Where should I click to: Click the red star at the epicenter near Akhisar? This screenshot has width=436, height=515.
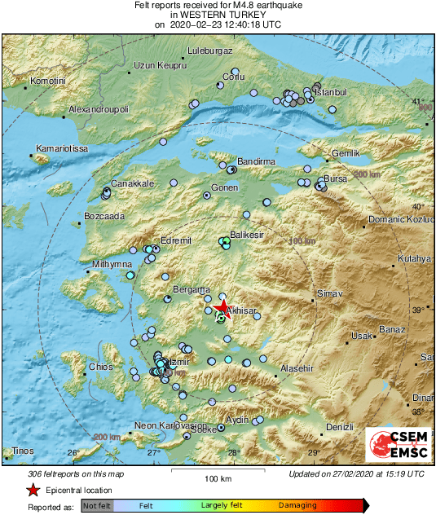pyautogui.click(x=224, y=306)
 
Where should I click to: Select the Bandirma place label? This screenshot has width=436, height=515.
pyautogui.click(x=256, y=162)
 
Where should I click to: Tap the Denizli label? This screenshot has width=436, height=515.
pyautogui.click(x=339, y=427)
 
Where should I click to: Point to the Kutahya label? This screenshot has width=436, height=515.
pyautogui.click(x=413, y=258)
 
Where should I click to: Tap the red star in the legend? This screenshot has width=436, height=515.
pyautogui.click(x=33, y=490)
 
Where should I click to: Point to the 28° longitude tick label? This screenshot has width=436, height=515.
pyautogui.click(x=234, y=453)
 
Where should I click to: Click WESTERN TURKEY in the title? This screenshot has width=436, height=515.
pyautogui.click(x=218, y=15)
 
